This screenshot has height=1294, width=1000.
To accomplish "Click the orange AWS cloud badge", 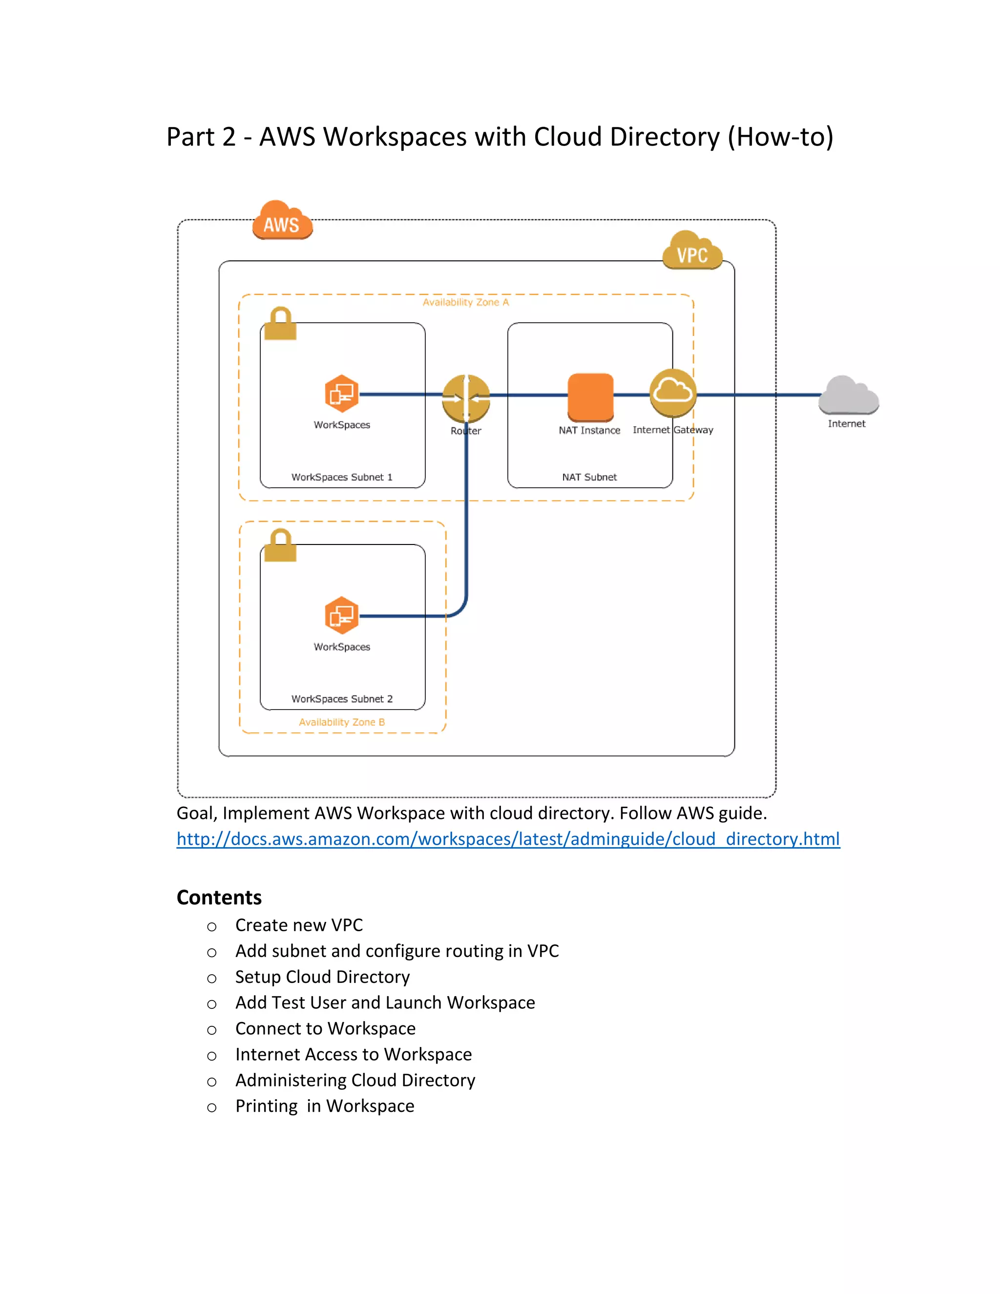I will click(282, 220).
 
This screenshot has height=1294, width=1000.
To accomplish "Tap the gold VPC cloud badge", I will click(692, 250).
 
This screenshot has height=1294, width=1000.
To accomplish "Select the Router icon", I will click(466, 398).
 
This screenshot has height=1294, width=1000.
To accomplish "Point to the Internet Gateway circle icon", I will click(672, 393).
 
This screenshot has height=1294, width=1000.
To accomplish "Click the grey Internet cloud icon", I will click(848, 395).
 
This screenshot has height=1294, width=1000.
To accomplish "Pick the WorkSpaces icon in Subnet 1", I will click(342, 394).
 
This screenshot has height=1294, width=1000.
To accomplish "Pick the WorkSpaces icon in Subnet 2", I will click(342, 615).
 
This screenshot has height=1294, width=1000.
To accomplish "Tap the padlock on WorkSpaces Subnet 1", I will click(280, 324).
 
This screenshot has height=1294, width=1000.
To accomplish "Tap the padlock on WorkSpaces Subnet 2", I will click(280, 546).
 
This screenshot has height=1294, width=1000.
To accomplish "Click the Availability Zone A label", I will click(466, 302).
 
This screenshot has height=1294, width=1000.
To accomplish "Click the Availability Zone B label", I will click(342, 722).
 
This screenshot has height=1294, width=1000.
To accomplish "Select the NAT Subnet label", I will click(589, 477).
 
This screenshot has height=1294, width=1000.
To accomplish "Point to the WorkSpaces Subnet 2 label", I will click(342, 699).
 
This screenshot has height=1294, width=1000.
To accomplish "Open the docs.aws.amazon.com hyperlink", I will click(508, 839).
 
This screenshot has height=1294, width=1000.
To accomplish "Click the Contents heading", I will click(219, 897).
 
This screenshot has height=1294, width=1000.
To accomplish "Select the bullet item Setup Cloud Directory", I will click(322, 977).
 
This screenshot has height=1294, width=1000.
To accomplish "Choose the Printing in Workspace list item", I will click(325, 1106).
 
